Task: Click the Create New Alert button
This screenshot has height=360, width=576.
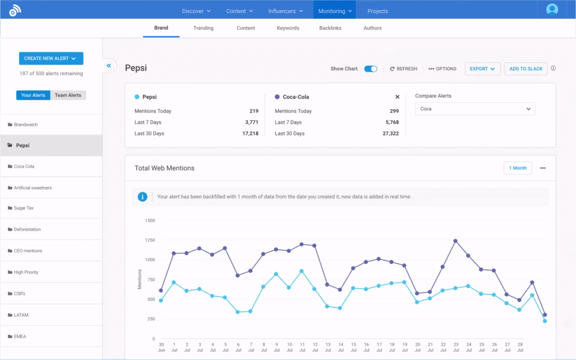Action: [51, 58]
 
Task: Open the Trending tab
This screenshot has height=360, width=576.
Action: [203, 28]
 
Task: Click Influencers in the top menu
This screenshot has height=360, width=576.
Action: [286, 11]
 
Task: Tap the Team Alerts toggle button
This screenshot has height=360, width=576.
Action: [67, 95]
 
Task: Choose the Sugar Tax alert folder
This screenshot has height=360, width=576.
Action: [24, 208]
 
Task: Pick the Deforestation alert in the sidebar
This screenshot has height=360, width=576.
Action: [27, 229]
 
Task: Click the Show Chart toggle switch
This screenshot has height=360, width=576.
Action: [371, 69]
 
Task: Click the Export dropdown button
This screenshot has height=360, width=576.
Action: [482, 69]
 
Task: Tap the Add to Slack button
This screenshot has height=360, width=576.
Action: [525, 69]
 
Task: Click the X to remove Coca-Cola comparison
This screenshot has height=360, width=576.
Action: [397, 97]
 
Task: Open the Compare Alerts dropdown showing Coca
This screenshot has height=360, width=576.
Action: [475, 109]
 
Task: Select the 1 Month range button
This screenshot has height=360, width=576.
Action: [517, 168]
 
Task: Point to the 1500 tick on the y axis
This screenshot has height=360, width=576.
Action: [150, 220]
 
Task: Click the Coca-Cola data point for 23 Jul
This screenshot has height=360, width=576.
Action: [455, 241]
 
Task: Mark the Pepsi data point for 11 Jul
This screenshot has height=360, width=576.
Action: [301, 271]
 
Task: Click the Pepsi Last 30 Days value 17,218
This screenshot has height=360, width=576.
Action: [250, 133]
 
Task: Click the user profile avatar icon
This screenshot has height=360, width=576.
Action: [552, 10]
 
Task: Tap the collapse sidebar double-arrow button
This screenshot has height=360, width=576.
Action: [109, 66]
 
